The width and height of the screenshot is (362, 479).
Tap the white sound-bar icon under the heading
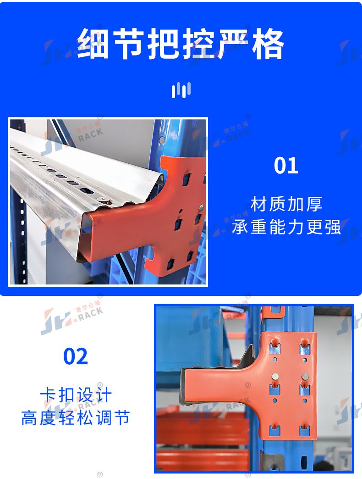tap(181, 90)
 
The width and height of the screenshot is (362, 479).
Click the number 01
tap(286, 166)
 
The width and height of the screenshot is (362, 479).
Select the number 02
tap(76, 356)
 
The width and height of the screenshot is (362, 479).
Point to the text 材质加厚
tap(286, 204)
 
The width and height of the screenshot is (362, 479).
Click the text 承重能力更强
tap(286, 227)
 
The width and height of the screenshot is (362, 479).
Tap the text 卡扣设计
tap(76, 395)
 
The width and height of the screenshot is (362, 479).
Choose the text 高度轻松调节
tap(76, 418)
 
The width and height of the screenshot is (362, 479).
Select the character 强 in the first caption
tap(332, 227)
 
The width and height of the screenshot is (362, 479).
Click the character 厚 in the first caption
tap(314, 204)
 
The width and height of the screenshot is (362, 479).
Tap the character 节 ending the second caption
tap(122, 418)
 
